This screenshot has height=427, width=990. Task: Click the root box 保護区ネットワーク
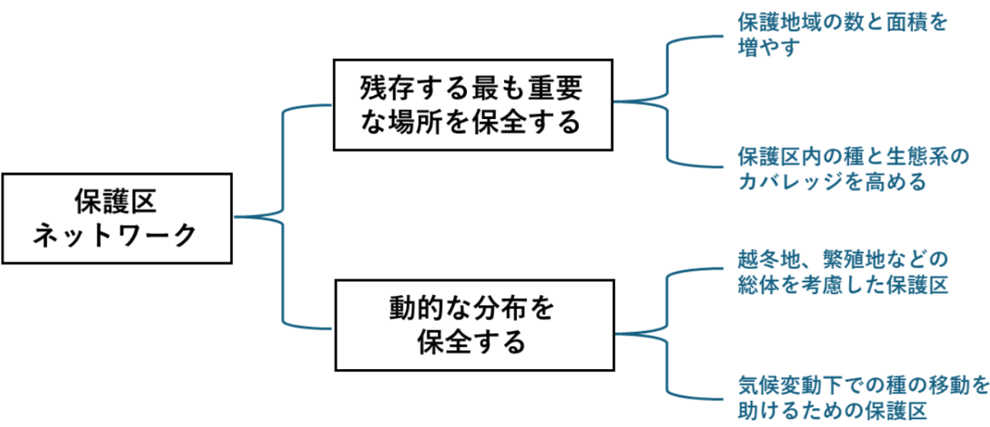[x=116, y=217]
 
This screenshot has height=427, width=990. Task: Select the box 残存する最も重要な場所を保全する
[x=472, y=105]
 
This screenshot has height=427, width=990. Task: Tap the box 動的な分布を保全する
[x=472, y=326]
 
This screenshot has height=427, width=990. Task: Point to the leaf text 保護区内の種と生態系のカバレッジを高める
[x=853, y=169]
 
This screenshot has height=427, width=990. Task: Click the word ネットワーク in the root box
[x=116, y=234]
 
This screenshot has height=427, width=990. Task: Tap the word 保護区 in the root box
[x=116, y=201]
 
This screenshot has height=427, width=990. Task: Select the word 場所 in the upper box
[x=418, y=122]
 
